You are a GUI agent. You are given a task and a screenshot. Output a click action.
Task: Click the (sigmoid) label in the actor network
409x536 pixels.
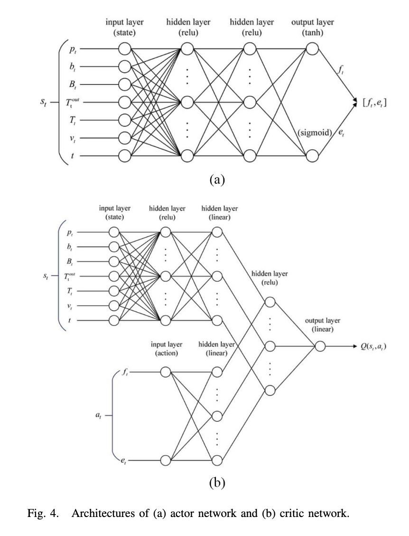click(314, 133)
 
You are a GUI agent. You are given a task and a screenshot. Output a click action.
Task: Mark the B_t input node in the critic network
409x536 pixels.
click(113, 261)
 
